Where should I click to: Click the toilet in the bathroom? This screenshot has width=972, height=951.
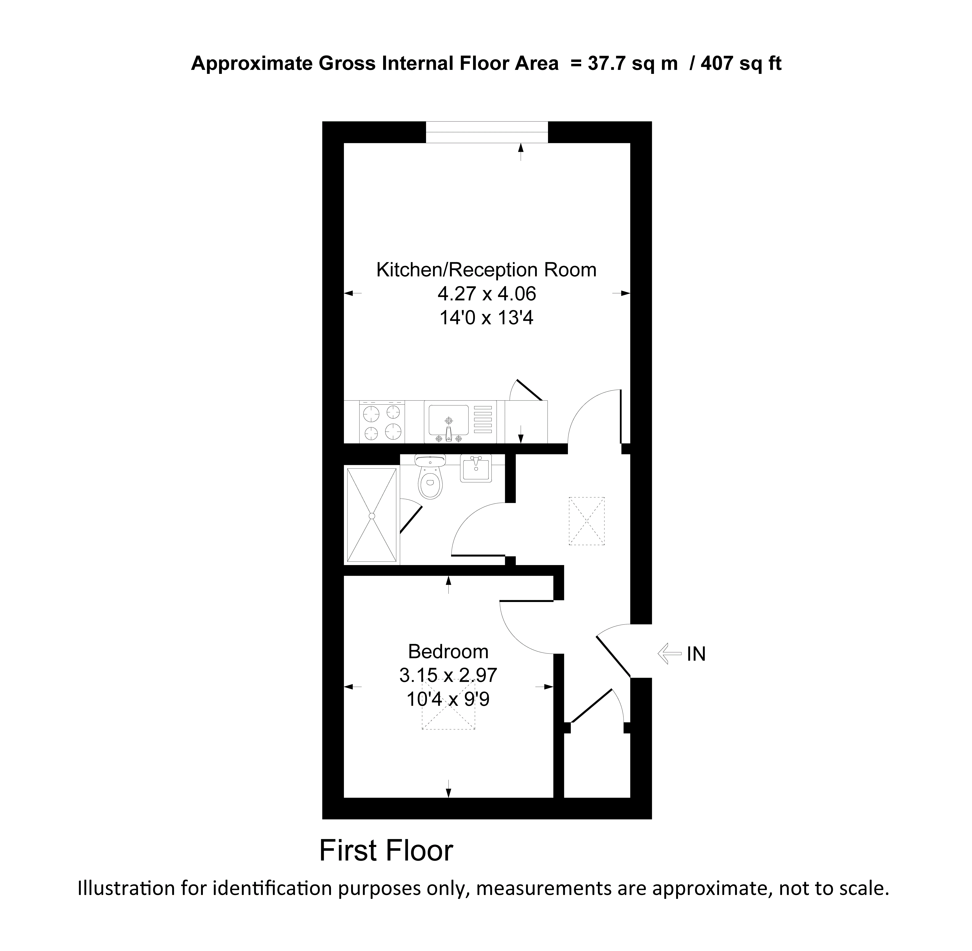tap(430, 481)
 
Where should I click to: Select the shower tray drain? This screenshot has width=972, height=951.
tap(371, 515)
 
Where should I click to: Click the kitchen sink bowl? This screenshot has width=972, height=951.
tap(448, 420)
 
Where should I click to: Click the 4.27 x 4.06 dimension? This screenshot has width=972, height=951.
tap(486, 294)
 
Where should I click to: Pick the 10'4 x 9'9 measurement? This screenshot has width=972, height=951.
tap(448, 699)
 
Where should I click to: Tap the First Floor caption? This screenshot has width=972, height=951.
tap(386, 851)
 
